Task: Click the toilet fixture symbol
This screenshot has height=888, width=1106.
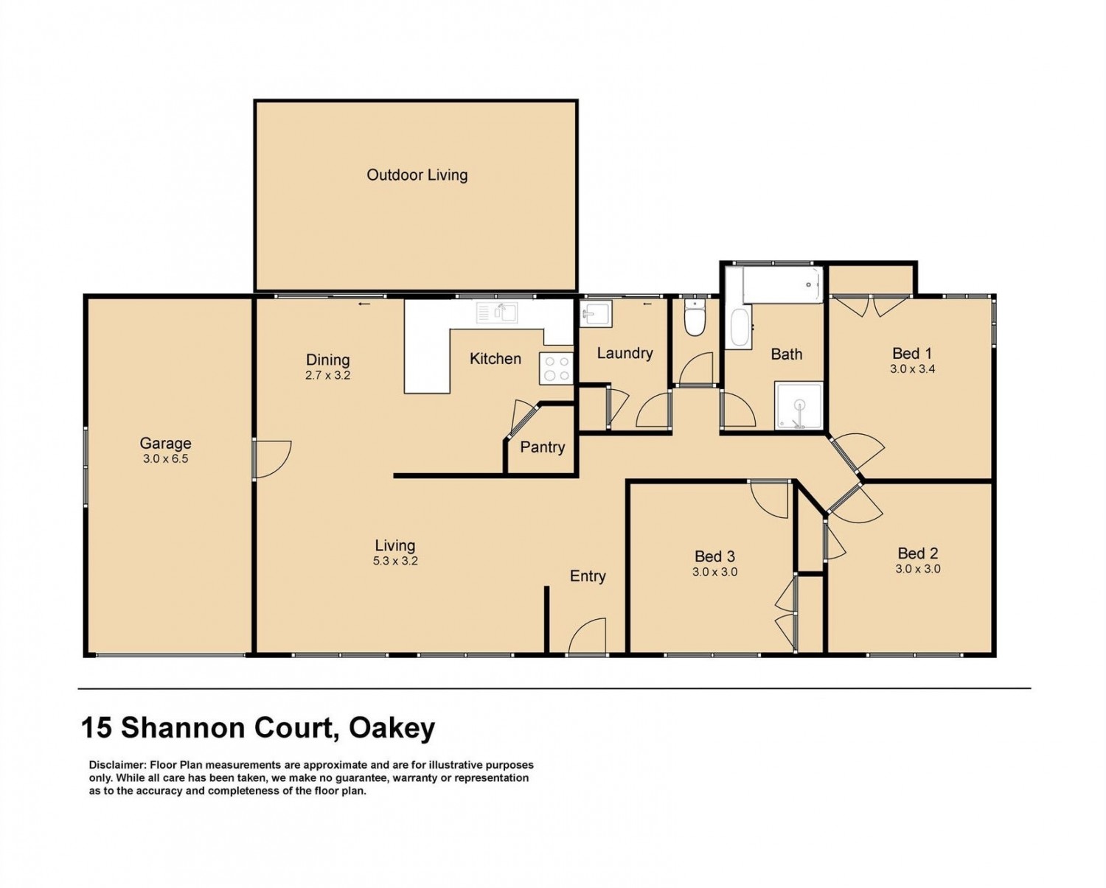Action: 695,318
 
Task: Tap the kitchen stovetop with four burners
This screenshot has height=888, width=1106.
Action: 556,368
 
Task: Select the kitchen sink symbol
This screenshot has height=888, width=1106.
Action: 496,312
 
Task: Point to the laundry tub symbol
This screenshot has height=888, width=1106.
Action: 597,315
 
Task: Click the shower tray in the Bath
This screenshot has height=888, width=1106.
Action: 799,406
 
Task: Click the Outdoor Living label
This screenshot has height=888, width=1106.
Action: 417,175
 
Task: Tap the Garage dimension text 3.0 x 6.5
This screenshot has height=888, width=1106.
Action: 165,458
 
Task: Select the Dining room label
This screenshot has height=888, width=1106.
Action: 328,360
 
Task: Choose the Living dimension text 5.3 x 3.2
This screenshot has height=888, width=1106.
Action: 395,561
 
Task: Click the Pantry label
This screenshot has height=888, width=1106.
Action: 542,447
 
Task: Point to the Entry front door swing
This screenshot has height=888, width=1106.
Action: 588,637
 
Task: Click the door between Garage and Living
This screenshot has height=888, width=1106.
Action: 271,459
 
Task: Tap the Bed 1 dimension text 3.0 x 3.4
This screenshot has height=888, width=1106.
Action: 912,368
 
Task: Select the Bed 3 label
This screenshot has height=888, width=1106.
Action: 715,556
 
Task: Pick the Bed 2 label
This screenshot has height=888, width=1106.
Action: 918,553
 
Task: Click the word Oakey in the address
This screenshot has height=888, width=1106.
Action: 392,728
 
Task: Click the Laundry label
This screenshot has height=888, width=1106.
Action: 625,353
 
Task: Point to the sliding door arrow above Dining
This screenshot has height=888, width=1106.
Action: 364,304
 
